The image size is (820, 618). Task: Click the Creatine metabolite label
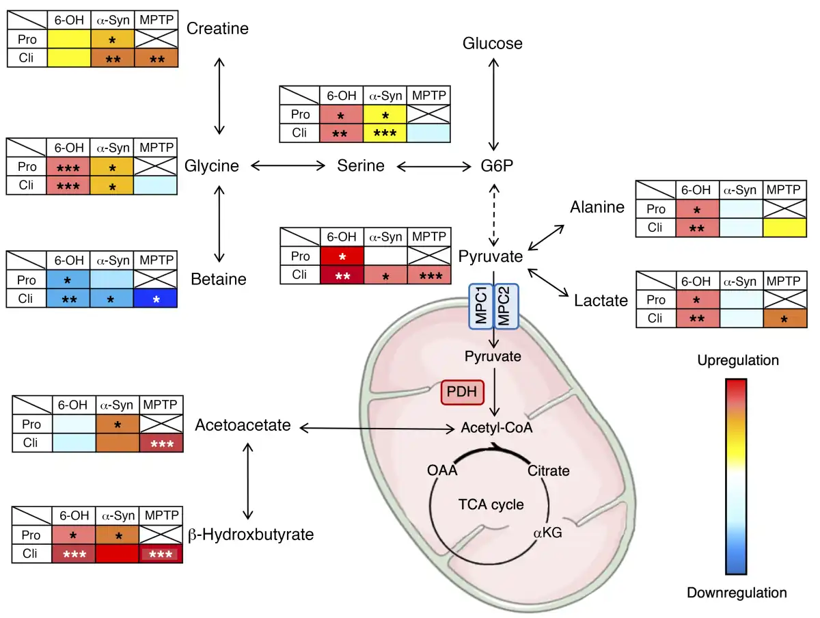coord(218,29)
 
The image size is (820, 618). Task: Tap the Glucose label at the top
coord(492,44)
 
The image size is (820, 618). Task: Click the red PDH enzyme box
coord(463,392)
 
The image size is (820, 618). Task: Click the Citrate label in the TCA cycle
coord(548,471)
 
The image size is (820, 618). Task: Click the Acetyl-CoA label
coord(496,429)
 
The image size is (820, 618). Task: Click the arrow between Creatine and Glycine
coord(219,96)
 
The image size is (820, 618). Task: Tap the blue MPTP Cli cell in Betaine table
coord(155,299)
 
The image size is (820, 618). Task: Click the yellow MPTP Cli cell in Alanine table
coord(784,227)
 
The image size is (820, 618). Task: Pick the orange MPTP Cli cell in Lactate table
coord(784,318)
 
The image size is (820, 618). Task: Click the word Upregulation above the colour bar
coord(738,360)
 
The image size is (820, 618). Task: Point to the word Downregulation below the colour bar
coord(737,593)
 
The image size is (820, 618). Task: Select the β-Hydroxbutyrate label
coord(250,535)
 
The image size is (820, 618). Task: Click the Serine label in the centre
coord(361,166)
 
